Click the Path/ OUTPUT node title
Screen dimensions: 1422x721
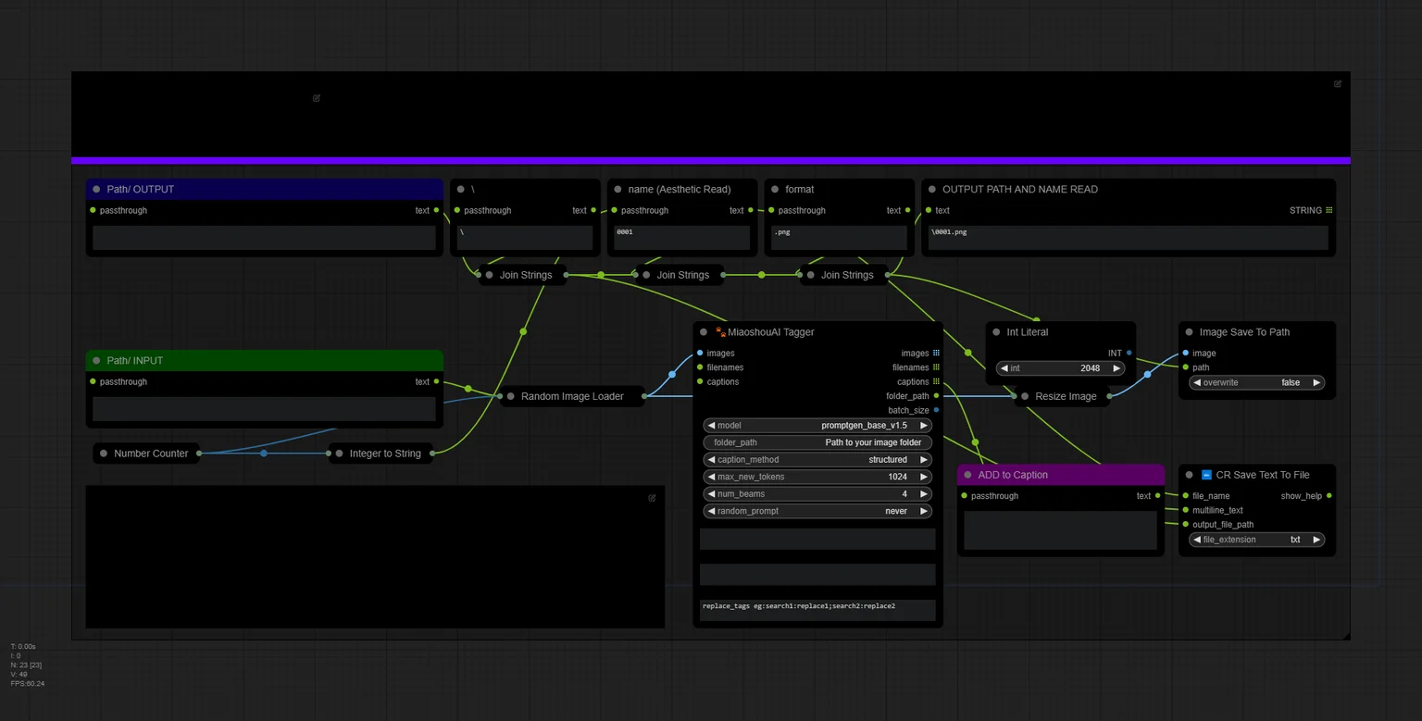point(141,189)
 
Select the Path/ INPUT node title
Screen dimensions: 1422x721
point(134,361)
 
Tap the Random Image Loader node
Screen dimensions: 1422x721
point(572,396)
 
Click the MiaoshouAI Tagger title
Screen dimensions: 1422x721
point(770,332)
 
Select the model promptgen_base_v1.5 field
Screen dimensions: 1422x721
point(817,425)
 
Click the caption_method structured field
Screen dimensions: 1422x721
point(817,459)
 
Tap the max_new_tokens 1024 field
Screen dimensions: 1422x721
point(817,477)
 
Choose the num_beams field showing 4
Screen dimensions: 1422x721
point(817,494)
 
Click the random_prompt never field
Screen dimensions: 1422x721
point(817,511)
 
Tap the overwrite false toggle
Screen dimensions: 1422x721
point(1257,383)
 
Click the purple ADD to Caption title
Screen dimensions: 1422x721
point(1013,475)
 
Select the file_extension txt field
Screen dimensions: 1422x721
point(1257,540)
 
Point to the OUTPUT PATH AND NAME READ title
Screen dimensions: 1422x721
point(1019,189)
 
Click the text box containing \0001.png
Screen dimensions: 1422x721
point(1129,237)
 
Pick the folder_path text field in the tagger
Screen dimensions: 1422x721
point(817,442)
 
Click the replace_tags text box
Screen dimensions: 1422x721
point(817,610)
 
